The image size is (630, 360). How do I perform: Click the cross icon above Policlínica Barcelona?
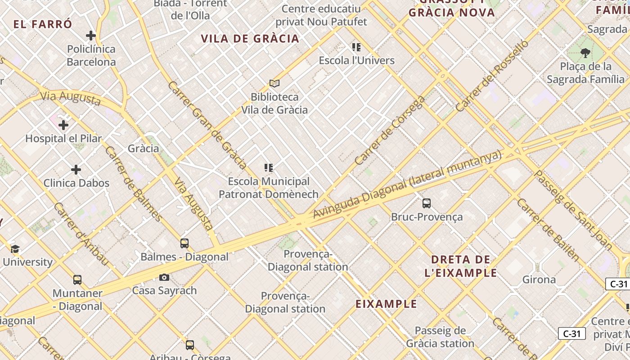91,36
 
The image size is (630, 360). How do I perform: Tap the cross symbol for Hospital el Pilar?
63,125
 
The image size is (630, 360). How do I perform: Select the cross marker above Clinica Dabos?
76,170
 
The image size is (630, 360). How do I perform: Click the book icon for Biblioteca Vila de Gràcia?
274,83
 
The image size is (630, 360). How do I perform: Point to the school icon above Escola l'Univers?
356,47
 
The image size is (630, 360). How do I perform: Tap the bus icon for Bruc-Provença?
427,203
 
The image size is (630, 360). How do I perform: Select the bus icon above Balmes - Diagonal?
184,243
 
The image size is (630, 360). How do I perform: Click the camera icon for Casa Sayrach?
164,277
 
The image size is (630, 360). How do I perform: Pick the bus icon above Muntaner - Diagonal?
77,280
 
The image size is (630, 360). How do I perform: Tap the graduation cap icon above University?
15,249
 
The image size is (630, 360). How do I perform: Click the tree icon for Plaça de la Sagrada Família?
585,53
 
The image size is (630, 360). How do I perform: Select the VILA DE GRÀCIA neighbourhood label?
250,39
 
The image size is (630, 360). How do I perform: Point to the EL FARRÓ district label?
43,24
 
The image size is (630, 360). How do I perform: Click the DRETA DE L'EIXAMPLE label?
461,266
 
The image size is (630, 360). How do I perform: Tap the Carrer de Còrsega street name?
390,130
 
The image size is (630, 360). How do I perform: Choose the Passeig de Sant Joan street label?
572,210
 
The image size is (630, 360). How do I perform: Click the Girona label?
539,279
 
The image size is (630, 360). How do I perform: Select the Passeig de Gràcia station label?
440,337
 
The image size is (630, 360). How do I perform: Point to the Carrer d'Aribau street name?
81,234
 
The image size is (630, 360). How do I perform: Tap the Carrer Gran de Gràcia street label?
207,125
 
